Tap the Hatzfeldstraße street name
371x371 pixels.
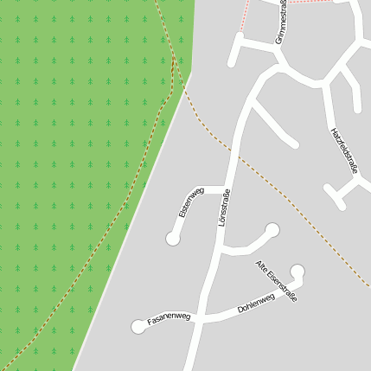click(x=343, y=150)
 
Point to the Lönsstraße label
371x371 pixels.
click(x=224, y=208)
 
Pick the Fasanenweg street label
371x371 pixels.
click(x=169, y=319)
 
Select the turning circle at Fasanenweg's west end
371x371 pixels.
click(x=138, y=326)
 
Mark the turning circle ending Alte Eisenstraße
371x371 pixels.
click(x=297, y=271)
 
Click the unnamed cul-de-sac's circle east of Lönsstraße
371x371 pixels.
click(x=272, y=230)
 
